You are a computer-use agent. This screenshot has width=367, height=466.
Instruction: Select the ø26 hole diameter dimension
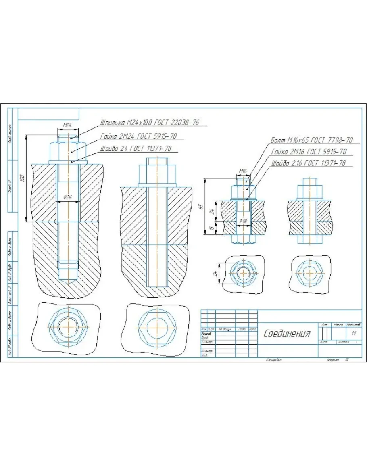68,198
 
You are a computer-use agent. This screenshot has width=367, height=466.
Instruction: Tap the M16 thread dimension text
242,171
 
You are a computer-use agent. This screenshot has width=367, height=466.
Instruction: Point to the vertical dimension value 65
201,207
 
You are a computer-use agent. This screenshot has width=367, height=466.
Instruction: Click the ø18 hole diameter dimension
243,221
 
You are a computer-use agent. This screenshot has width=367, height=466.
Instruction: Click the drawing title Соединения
287,334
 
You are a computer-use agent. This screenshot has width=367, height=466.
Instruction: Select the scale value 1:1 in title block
354,333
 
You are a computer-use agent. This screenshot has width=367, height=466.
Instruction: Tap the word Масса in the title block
338,324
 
